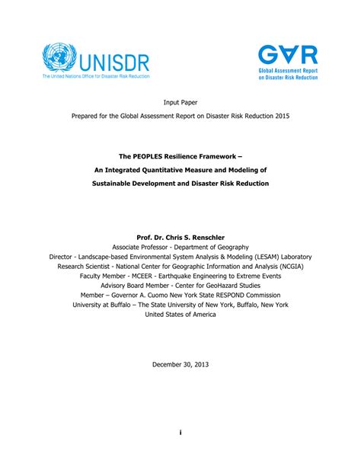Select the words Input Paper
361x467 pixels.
pos(180,101)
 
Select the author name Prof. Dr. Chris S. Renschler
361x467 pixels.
pos(180,237)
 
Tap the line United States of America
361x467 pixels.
pos(180,315)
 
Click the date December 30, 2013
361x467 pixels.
pos(180,364)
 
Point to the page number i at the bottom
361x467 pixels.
pos(180,432)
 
